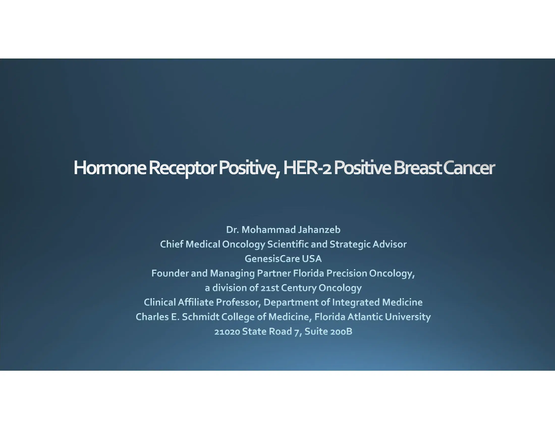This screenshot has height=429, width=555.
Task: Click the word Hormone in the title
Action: click(x=110, y=168)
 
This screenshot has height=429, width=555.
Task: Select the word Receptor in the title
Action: click(x=182, y=168)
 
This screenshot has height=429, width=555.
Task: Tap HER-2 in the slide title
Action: click(x=307, y=168)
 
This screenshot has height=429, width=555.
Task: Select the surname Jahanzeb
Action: click(x=319, y=230)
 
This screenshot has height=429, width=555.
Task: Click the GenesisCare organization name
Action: click(x=272, y=259)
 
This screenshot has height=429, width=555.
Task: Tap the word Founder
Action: click(x=170, y=273)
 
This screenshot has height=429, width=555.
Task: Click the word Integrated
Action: click(x=356, y=302)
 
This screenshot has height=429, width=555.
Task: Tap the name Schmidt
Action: click(x=201, y=317)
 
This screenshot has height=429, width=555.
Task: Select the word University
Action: click(x=408, y=317)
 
